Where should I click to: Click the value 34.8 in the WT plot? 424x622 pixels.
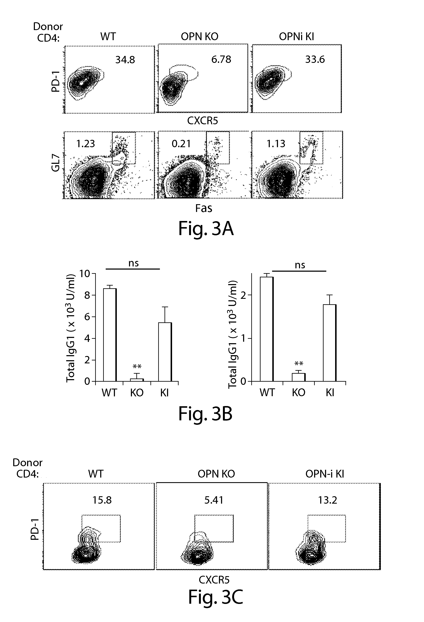tap(125, 60)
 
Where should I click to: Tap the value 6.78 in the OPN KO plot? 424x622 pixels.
tap(221, 59)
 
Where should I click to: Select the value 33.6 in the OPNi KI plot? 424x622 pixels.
tap(315, 59)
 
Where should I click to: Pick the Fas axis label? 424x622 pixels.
tap(204, 208)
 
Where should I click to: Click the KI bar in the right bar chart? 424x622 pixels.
tap(330, 343)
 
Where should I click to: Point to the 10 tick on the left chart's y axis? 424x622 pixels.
tap(85, 274)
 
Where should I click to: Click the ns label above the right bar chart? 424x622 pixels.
tap(300, 265)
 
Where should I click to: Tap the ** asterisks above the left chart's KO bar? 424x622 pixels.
tap(137, 367)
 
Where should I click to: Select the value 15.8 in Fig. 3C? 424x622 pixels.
tap(102, 500)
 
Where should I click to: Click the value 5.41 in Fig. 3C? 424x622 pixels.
tap(214, 500)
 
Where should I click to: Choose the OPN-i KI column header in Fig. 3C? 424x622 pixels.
tap(324, 474)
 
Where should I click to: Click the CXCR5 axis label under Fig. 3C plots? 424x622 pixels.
tap(214, 580)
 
